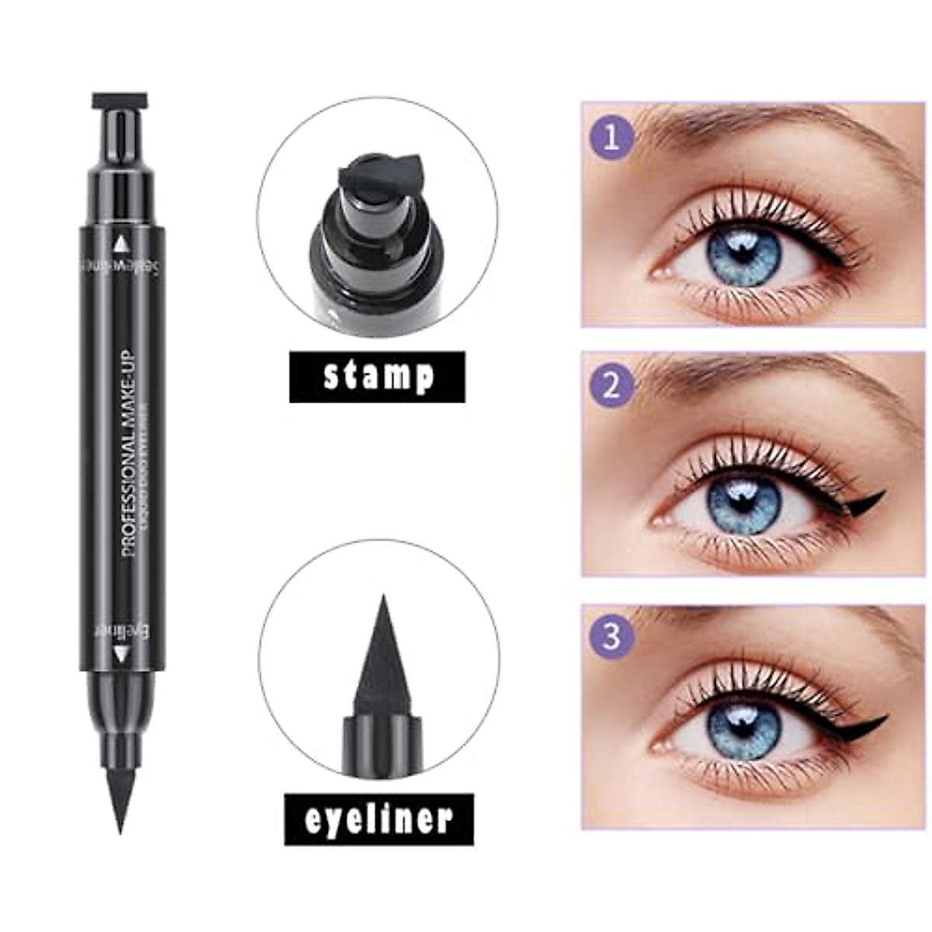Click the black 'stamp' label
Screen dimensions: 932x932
tap(377, 377)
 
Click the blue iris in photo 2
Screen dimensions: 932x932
tap(740, 509)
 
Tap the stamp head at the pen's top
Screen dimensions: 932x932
tap(120, 101)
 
